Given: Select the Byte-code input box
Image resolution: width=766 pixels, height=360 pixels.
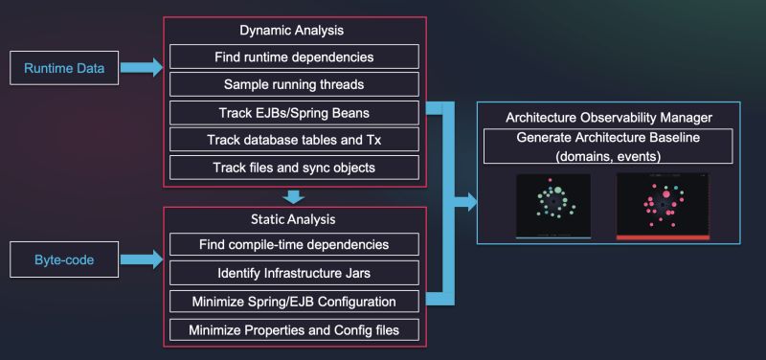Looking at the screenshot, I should click(x=63, y=259).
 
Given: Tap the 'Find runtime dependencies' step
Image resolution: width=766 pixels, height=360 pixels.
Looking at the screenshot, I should click(x=294, y=56).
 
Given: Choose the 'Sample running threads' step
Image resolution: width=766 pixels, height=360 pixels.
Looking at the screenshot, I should click(x=294, y=84).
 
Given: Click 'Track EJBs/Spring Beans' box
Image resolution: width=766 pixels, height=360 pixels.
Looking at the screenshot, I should click(x=294, y=112).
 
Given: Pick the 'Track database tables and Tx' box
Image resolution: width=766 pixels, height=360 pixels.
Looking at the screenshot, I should click(x=294, y=140).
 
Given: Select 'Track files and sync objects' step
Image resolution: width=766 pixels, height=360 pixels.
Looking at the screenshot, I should click(x=294, y=168).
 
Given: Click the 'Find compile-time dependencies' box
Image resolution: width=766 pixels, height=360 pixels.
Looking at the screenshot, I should click(x=294, y=244).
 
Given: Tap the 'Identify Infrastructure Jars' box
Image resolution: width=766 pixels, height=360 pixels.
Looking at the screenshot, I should click(x=294, y=273).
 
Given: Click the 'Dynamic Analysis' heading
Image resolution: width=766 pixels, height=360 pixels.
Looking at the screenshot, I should click(x=294, y=30).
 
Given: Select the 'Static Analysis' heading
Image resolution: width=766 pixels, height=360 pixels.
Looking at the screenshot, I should click(x=294, y=219).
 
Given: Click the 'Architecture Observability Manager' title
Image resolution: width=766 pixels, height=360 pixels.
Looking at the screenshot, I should click(x=609, y=117).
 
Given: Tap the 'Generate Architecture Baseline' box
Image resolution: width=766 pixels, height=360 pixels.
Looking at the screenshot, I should click(x=610, y=146).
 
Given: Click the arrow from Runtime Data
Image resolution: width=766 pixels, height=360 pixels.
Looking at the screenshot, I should click(x=141, y=68).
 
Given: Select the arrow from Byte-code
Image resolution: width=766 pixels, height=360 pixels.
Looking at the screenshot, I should click(x=141, y=259).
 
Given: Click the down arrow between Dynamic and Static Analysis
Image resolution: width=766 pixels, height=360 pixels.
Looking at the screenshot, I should click(x=295, y=198).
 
